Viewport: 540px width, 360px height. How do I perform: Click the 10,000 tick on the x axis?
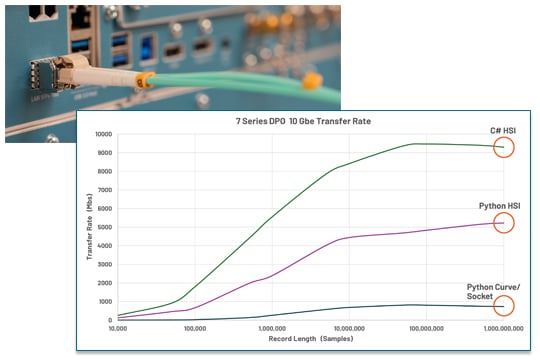119,328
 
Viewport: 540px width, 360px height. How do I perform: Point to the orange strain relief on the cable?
145,77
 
